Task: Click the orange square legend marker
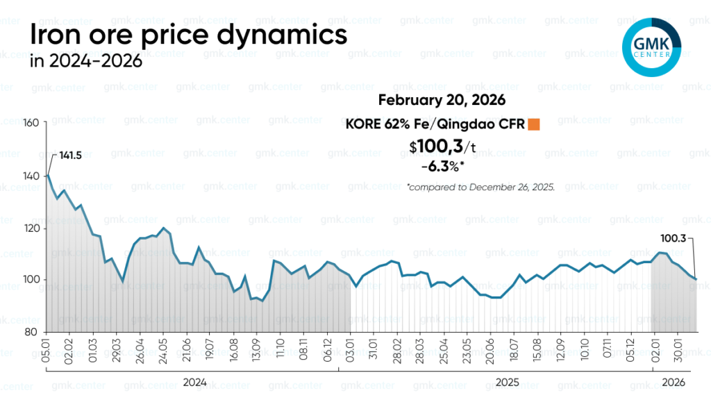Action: click(534, 125)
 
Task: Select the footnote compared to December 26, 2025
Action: click(480, 187)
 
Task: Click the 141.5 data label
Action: click(69, 156)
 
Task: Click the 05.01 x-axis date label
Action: click(47, 347)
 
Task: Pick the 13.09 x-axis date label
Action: click(257, 347)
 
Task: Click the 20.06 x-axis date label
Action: click(492, 347)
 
